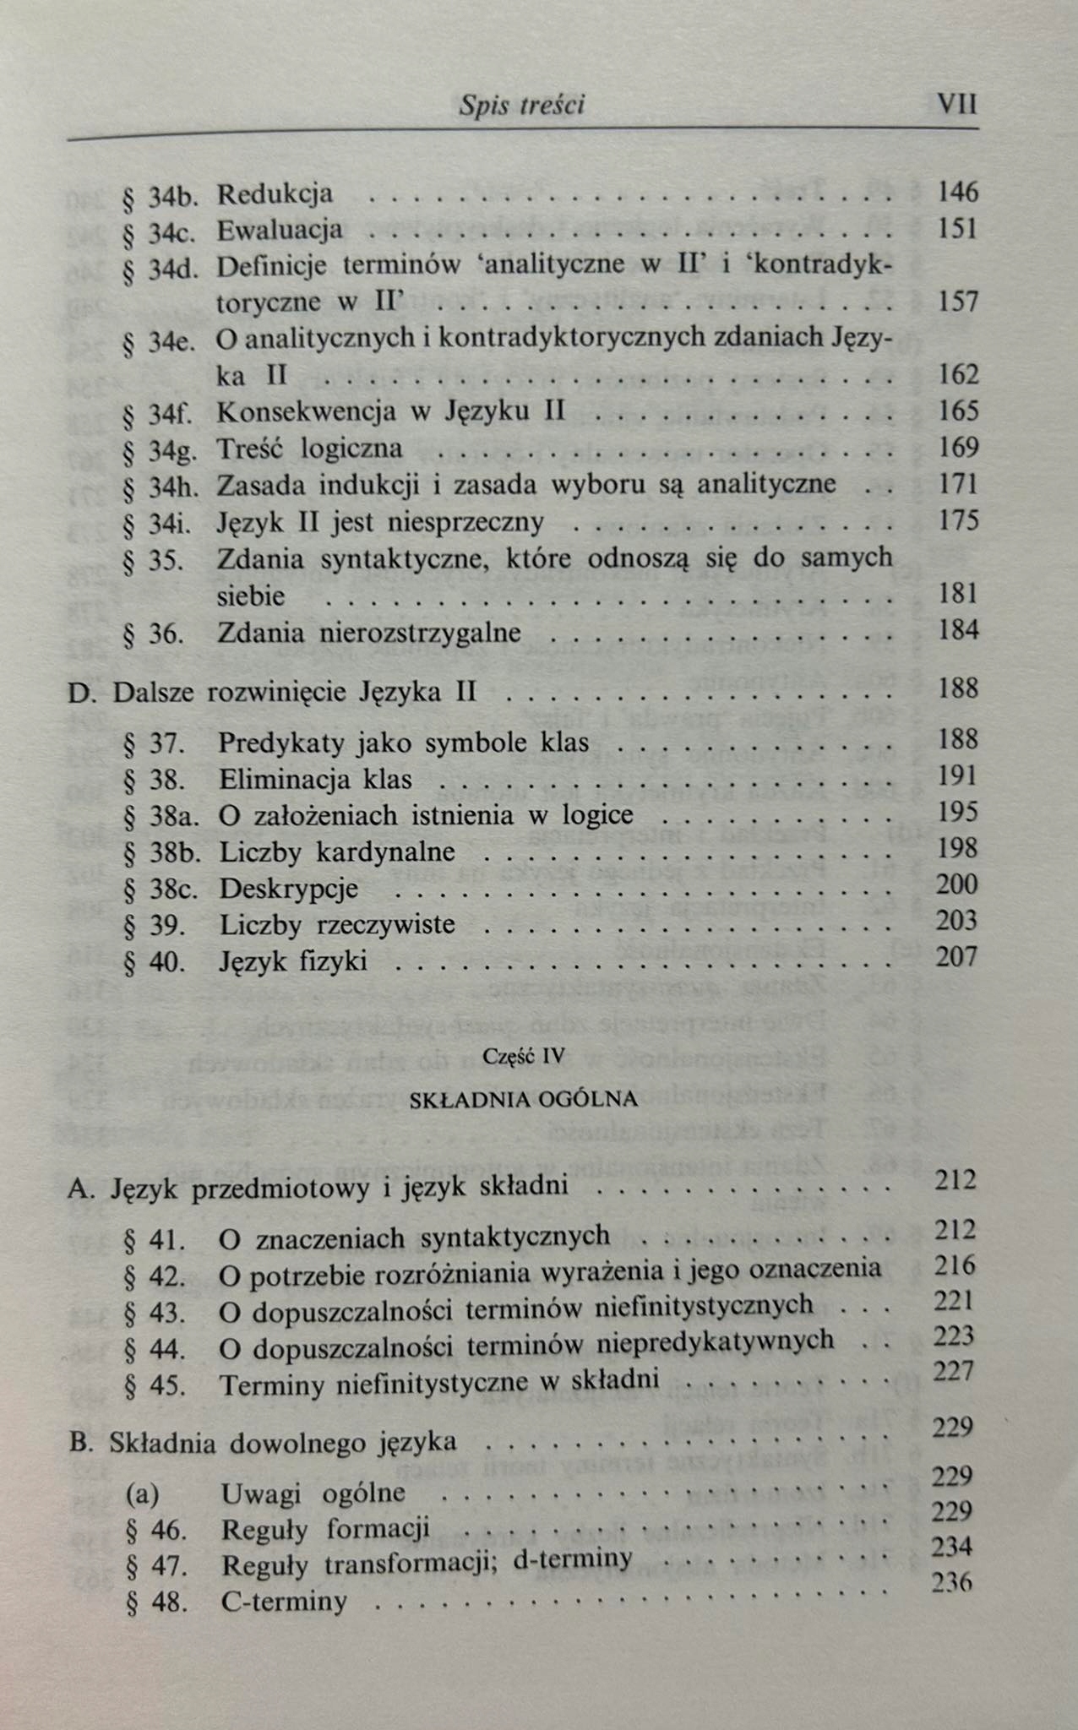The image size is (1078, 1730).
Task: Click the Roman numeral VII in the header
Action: [x=956, y=105]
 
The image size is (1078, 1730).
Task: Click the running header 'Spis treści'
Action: [x=521, y=106]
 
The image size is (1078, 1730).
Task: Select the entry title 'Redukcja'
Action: [x=275, y=194]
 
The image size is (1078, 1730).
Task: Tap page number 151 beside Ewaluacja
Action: [x=957, y=229]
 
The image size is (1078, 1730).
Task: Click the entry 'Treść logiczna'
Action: [x=309, y=449]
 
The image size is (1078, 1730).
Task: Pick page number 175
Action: [x=958, y=520]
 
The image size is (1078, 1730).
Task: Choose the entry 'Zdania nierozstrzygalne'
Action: [x=369, y=633]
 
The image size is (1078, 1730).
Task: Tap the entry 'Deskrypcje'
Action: [x=288, y=889]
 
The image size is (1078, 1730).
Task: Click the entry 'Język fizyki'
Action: [x=293, y=960]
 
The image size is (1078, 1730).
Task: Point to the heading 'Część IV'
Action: [x=521, y=1057]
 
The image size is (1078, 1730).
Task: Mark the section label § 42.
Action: [x=155, y=1276]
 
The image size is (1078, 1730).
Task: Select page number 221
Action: [x=955, y=1301]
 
